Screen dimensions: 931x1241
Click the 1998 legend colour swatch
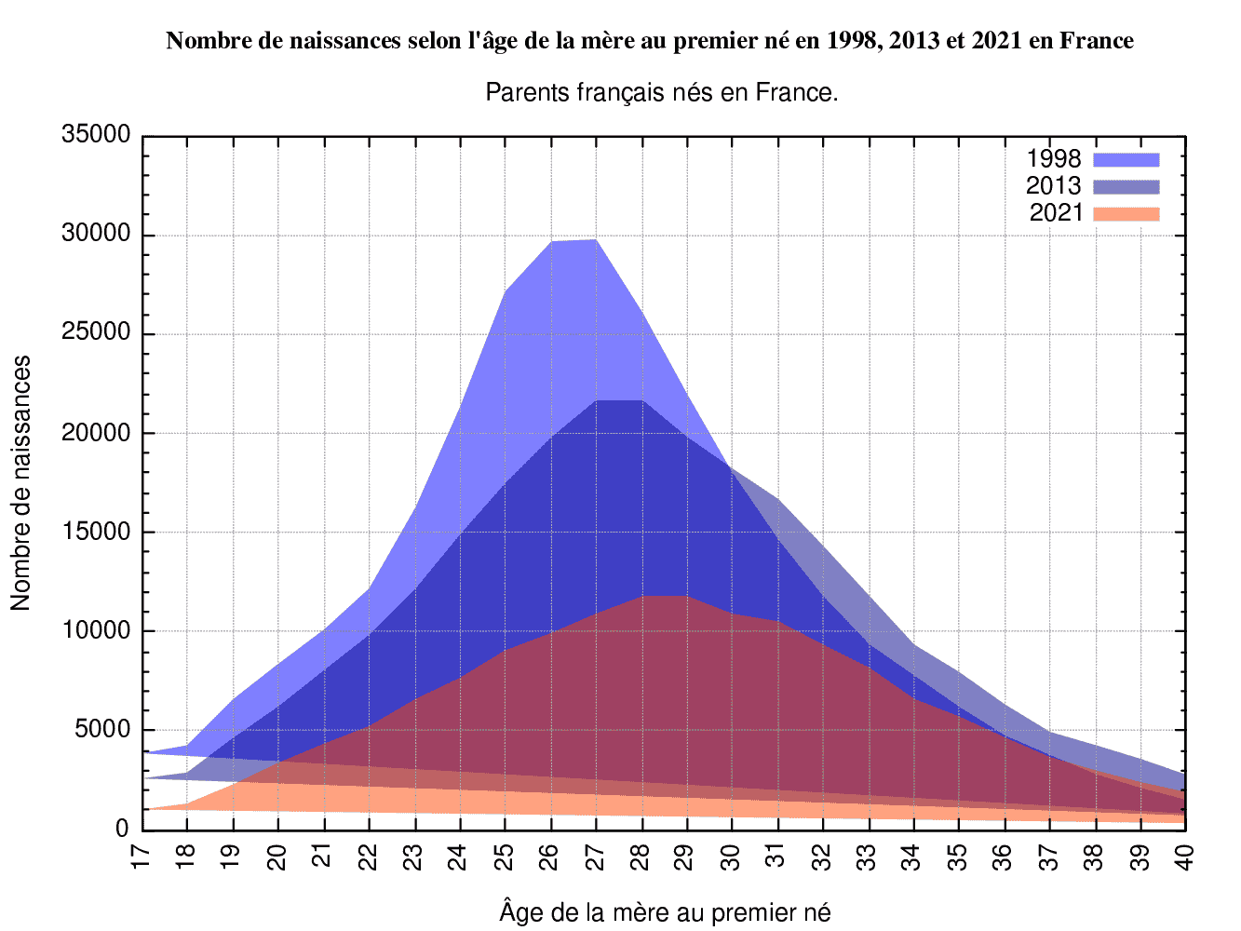pos(1126,159)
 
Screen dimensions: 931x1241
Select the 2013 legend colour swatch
pos(1126,186)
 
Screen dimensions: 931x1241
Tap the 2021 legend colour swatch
pos(1126,214)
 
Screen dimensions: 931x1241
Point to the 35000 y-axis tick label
pos(96,135)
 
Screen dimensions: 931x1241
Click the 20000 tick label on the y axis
pos(96,433)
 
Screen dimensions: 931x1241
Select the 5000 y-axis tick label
pos(102,730)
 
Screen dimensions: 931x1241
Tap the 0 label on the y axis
pos(122,830)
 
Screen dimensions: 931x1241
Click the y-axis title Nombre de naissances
pos(20,483)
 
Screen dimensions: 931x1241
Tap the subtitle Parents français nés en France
pos(662,93)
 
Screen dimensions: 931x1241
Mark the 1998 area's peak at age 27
pos(597,240)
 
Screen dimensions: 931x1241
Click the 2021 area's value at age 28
pos(642,596)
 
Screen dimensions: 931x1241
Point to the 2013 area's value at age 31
pos(778,500)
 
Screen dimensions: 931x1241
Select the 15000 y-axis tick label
pos(96,533)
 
